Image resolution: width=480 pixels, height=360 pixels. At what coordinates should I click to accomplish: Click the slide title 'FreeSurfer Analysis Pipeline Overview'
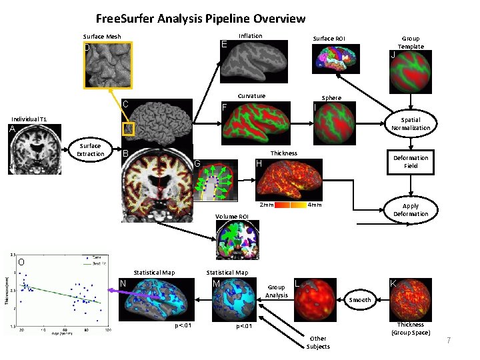point(201,19)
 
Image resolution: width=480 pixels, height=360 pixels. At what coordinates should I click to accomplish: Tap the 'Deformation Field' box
point(411,162)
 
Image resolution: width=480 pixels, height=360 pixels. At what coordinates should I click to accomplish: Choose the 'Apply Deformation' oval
point(411,210)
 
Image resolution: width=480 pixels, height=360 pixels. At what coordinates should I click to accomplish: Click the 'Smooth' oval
point(361,300)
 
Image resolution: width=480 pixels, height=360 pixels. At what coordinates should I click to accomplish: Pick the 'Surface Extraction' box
point(90,150)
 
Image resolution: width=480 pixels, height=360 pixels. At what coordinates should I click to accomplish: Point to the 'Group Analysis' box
point(277,291)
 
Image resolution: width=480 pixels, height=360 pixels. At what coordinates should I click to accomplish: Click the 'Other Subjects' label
point(318,343)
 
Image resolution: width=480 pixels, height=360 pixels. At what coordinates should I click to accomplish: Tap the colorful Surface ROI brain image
point(337,59)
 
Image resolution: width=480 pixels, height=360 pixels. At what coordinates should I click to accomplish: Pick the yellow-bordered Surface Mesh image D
point(108,65)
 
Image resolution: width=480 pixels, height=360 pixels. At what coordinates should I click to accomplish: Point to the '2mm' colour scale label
point(266,205)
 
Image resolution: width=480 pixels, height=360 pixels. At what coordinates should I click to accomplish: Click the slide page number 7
point(449,341)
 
